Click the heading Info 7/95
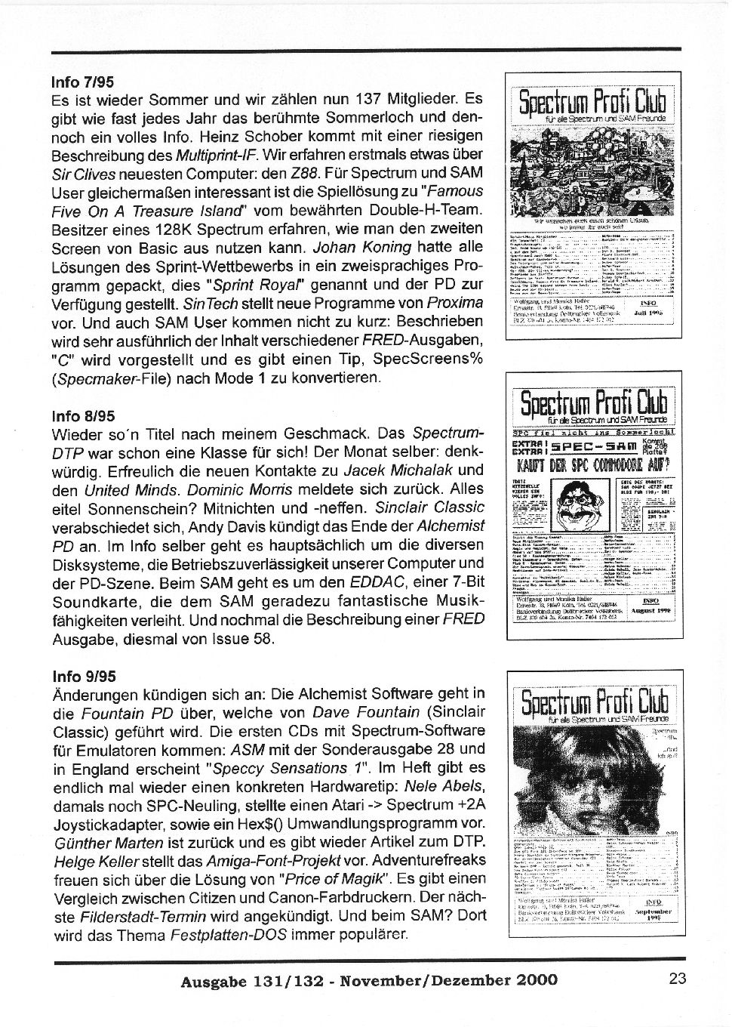click(83, 81)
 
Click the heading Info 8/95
click(83, 416)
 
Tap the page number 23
click(677, 979)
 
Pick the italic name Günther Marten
click(109, 843)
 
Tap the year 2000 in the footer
click(537, 980)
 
